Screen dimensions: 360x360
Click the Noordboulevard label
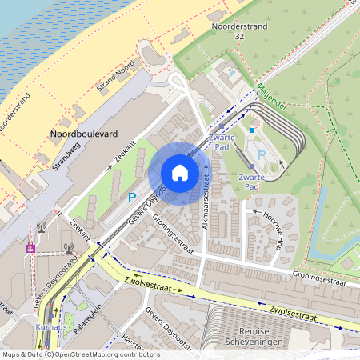coord(83,134)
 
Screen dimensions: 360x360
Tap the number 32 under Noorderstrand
coord(239,37)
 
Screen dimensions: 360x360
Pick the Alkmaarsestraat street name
coord(206,196)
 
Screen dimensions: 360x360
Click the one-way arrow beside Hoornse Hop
coord(256,212)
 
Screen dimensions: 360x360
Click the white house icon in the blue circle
coord(180,173)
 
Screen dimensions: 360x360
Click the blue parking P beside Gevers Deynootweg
coord(132,197)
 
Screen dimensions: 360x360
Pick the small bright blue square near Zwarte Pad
coord(251,130)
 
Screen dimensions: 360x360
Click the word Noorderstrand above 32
coord(239,26)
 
